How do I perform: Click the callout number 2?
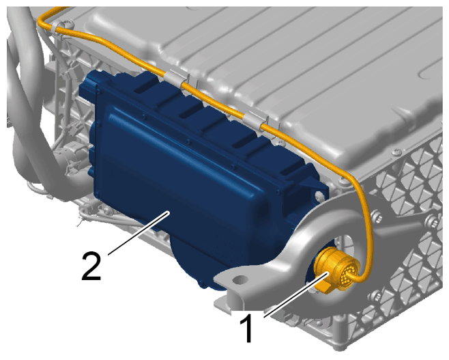tap(91, 266)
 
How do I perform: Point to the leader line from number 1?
tap(296, 295)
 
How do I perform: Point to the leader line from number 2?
tap(139, 233)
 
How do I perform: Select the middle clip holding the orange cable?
tap(176, 78)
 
